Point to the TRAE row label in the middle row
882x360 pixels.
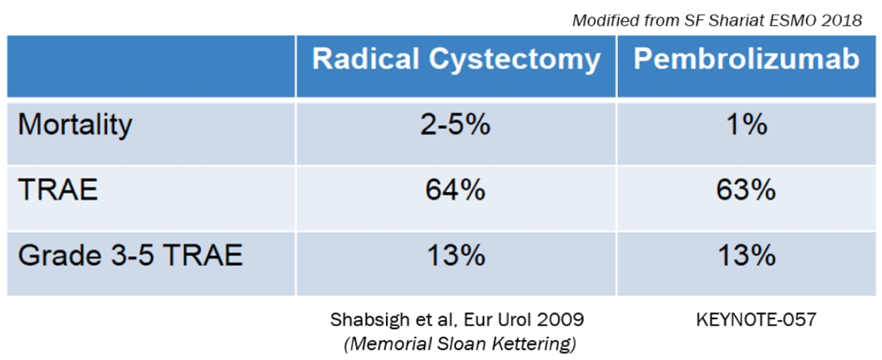click(x=58, y=191)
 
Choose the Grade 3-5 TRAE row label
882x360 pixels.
click(x=130, y=256)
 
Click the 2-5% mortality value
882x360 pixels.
click(x=455, y=126)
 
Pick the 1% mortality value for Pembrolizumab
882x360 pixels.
click(x=746, y=126)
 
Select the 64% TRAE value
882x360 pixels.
click(x=455, y=191)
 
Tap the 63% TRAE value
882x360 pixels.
click(x=746, y=191)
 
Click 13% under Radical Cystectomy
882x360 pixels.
click(x=455, y=256)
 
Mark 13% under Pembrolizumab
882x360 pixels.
click(x=746, y=256)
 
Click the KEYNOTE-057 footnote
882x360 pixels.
click(x=746, y=320)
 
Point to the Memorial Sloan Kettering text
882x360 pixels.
click(x=456, y=342)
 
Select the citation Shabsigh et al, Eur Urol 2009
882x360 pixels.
click(x=455, y=320)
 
